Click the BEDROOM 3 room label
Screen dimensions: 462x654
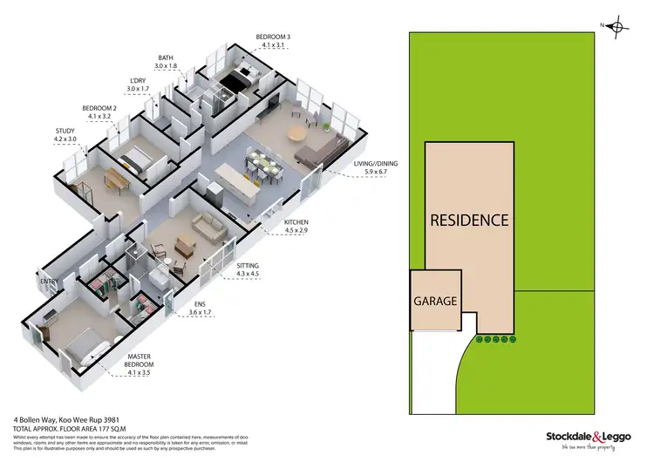click(x=272, y=37)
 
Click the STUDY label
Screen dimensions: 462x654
click(x=65, y=131)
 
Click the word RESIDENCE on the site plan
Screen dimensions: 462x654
click(x=468, y=220)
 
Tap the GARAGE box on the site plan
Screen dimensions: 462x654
click(x=435, y=301)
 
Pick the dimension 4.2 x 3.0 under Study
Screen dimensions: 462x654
click(x=66, y=139)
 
